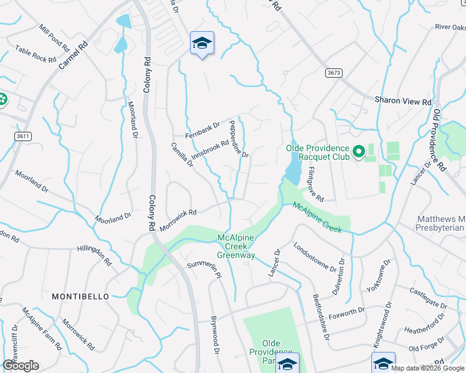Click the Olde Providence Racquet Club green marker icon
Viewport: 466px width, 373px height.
coord(358,152)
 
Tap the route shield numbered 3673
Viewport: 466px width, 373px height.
coord(334,73)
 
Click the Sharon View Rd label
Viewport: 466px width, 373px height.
coord(403,101)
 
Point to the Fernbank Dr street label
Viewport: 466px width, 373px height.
coord(203,130)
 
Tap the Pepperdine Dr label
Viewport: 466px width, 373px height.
coord(239,138)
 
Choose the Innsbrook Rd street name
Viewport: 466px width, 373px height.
coord(210,149)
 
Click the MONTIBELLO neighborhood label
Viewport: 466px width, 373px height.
coord(80,297)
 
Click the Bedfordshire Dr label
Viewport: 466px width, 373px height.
coord(320,316)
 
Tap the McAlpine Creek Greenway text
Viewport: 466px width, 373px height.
coord(236,246)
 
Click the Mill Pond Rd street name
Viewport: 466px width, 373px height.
coord(54,38)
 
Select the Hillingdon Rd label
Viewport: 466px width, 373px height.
coord(93,254)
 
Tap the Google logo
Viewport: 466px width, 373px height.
coord(21,366)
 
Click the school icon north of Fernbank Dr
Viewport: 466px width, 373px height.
coord(202,44)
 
